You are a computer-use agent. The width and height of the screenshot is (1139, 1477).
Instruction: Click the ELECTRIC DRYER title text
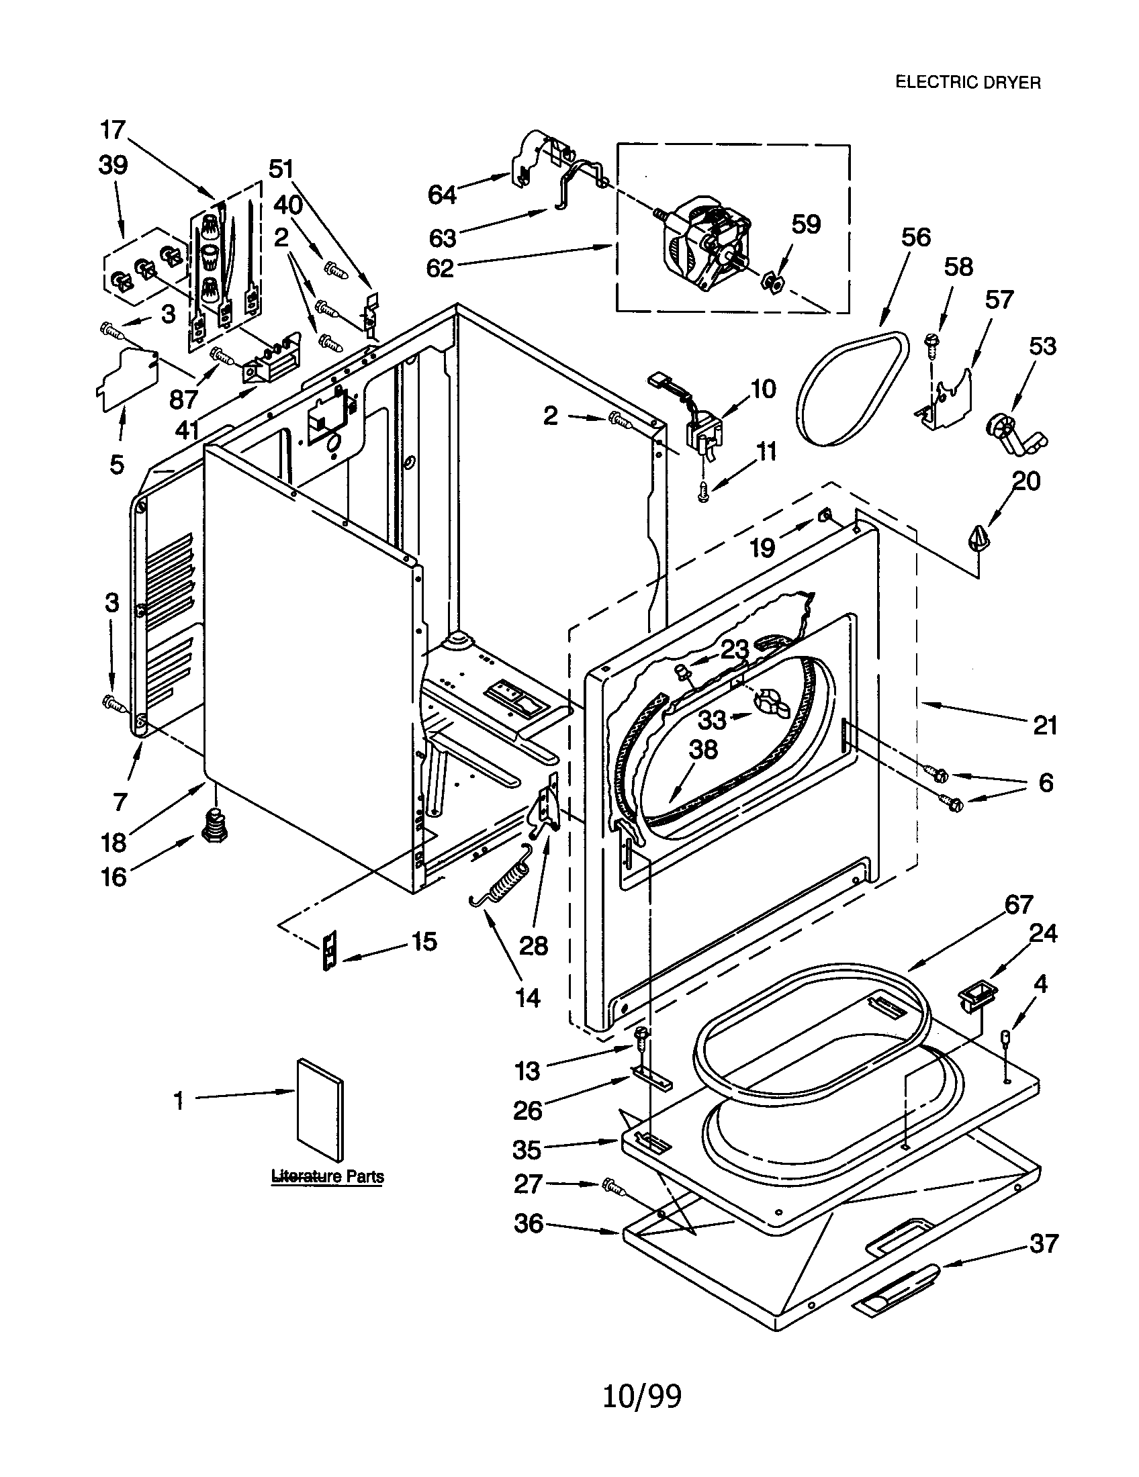967,83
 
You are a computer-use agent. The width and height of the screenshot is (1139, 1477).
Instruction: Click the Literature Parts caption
327,1176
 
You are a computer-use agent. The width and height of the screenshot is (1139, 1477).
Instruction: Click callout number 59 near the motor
805,224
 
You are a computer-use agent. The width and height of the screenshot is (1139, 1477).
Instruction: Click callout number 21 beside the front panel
1044,726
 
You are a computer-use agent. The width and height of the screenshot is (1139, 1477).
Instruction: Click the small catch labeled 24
974,999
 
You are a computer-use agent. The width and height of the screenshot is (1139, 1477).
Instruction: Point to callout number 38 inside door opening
702,750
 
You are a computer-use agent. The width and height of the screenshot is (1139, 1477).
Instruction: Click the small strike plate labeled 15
329,949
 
